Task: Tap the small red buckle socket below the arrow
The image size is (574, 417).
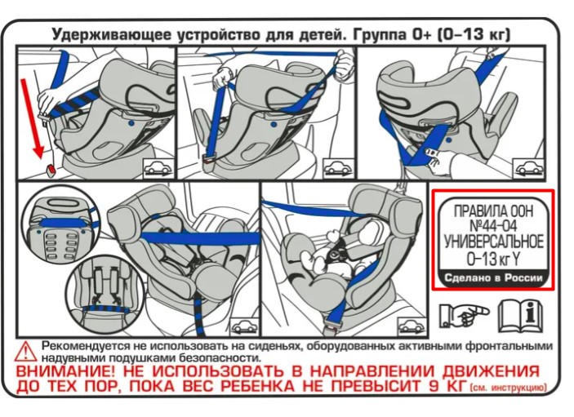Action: pyautogui.click(x=51, y=171)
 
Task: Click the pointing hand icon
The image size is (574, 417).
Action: pyautogui.click(x=462, y=313)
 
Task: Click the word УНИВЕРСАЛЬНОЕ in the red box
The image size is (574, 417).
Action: pyautogui.click(x=492, y=242)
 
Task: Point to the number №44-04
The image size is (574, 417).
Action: pyautogui.click(x=492, y=226)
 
